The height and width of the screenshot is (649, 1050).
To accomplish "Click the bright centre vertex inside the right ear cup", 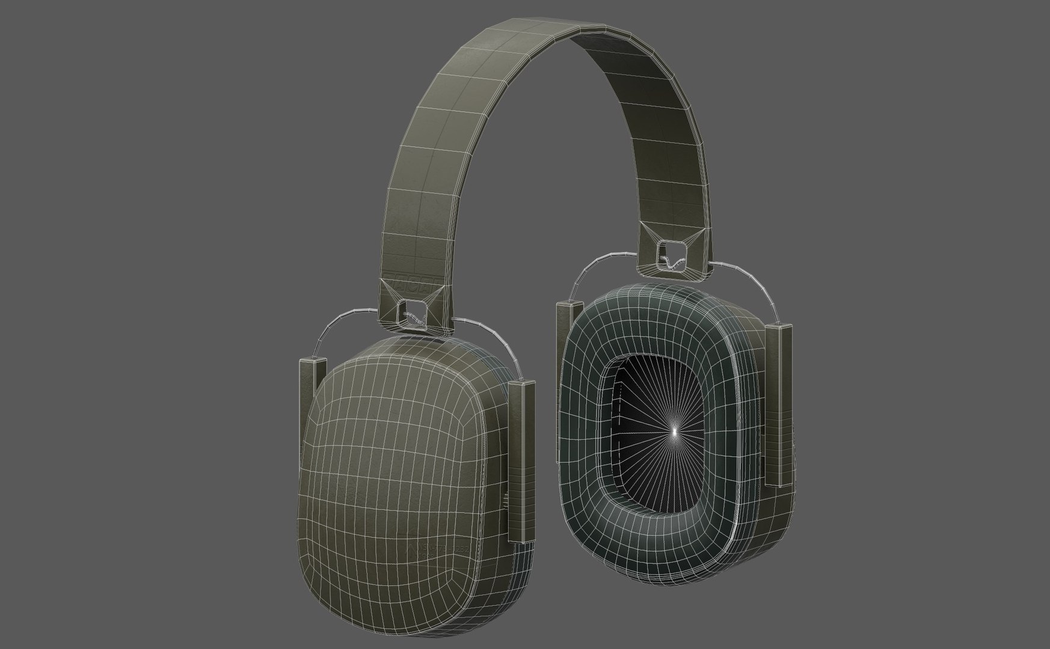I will click(674, 430).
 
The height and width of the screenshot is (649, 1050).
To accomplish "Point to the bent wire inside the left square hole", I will click(413, 318).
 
